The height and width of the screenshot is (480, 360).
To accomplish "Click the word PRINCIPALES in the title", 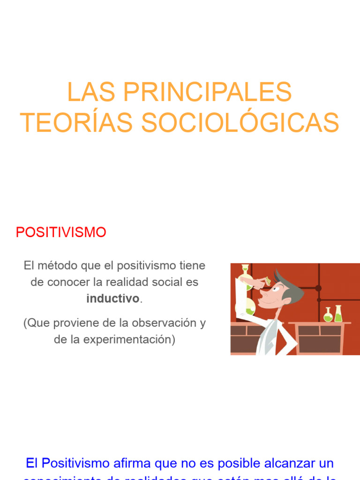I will click(207, 92).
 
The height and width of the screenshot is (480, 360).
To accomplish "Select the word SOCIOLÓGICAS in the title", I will click(240, 123).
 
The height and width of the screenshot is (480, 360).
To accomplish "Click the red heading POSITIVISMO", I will click(61, 232).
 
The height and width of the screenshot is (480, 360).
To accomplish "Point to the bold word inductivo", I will click(113, 299).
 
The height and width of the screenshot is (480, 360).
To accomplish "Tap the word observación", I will click(162, 323).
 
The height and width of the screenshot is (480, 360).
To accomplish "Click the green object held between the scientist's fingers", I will click(268, 281).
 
